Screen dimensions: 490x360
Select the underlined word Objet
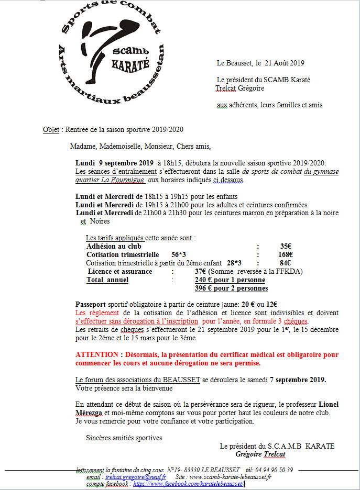pos(51,130)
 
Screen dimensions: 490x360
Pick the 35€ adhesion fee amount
pos(286,247)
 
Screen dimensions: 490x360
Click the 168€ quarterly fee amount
pos(285,255)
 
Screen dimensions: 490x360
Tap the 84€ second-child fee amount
pos(286,263)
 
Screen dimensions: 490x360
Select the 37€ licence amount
pos(201,272)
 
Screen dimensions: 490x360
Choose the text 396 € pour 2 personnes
pos(231,288)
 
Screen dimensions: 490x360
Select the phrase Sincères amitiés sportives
pos(124,438)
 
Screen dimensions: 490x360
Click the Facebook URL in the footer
pos(188,485)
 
